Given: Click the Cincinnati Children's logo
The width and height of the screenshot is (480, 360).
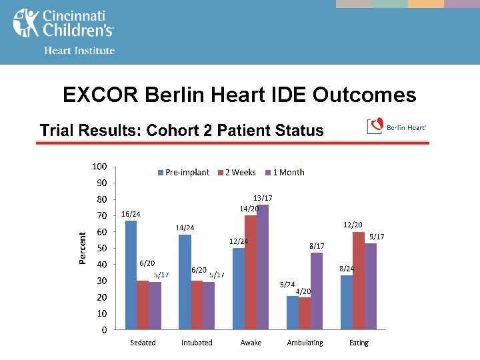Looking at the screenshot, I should tap(63, 23).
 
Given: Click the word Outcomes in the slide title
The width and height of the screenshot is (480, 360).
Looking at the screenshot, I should tap(364, 95).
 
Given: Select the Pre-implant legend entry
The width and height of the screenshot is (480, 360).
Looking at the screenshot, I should tap(183, 172).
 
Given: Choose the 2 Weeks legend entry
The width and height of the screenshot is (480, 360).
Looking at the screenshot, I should tap(236, 172).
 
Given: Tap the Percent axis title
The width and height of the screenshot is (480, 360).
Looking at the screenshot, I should tap(83, 248).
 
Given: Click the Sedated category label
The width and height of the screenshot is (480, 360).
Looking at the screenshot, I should tap(143, 343).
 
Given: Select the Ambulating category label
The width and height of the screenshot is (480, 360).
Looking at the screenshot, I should tap(305, 343).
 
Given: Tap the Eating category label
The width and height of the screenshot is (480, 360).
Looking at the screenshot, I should tap(359, 343).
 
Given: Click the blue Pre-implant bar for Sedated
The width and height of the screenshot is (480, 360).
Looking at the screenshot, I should tap(131, 275).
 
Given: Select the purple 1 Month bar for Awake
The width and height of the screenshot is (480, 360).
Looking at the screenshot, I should tap(263, 267).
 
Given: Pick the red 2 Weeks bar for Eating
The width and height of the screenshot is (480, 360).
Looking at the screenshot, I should tap(359, 281).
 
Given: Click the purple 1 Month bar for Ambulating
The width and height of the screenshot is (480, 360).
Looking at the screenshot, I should tap(317, 291).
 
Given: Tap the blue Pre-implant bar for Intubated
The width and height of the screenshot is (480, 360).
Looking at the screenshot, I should tap(185, 282).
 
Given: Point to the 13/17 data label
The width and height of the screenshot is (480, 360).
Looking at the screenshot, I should tap(263, 198).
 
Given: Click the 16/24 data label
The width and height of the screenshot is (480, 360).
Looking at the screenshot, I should tap(131, 214).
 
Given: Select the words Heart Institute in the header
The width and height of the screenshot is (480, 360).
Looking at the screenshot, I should tap(79, 51).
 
